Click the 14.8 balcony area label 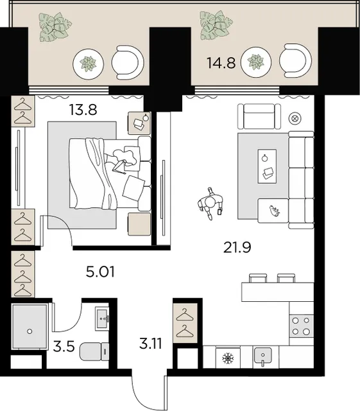tap(221, 63)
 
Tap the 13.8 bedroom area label tap(83, 110)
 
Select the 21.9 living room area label tap(237, 247)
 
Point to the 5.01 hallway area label tap(100, 272)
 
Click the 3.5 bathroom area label tap(64, 346)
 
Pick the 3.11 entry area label tap(151, 344)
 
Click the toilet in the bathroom tap(94, 351)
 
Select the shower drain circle tap(30, 331)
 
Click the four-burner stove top tap(301, 326)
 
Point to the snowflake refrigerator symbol tap(227, 358)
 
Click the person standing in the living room tap(210, 203)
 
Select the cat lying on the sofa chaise tap(274, 211)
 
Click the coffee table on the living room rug tap(267, 166)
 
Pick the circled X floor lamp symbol tap(295, 118)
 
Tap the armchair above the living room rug tap(259, 116)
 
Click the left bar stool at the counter tap(258, 278)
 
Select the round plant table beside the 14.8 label tap(255, 62)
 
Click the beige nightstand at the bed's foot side tap(139, 223)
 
